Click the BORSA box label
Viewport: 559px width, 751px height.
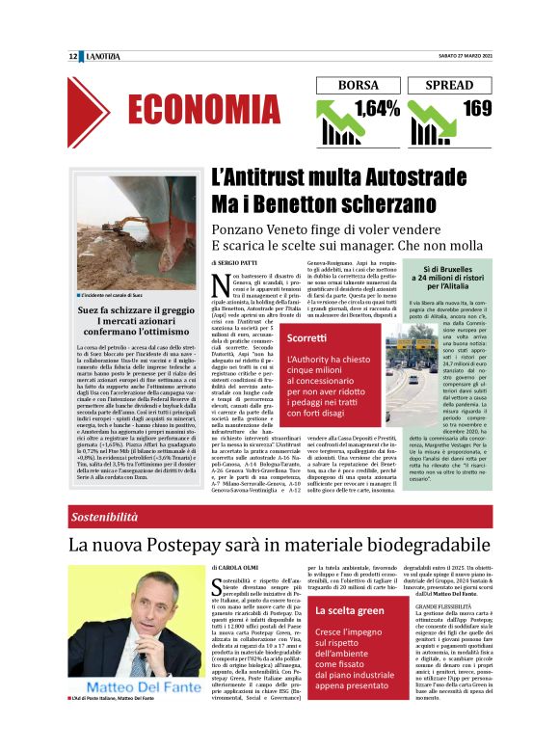(358, 86)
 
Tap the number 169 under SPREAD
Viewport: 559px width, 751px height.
(476, 108)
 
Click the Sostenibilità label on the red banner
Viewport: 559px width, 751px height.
(108, 517)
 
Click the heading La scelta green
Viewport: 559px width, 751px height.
(330, 612)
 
